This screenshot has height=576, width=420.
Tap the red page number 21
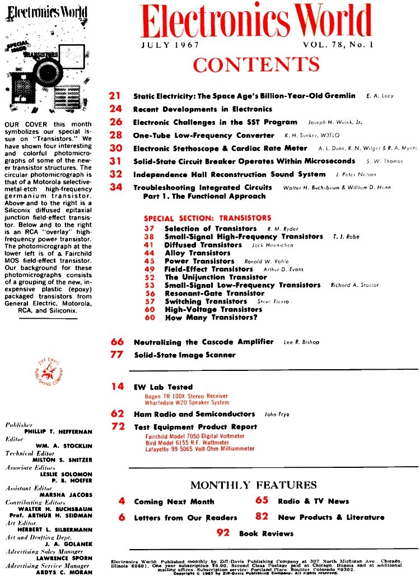(x=116, y=96)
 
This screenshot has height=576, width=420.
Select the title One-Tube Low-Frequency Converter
(x=204, y=135)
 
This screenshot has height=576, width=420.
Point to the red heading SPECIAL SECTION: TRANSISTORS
(x=207, y=217)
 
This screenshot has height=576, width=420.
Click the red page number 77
(x=116, y=355)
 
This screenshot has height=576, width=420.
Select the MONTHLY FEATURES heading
(x=253, y=485)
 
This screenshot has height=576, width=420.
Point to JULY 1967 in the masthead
(x=166, y=45)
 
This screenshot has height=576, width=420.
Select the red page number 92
(x=223, y=533)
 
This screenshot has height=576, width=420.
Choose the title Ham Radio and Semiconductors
(x=194, y=414)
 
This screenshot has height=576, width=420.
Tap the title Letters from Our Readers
(x=185, y=518)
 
